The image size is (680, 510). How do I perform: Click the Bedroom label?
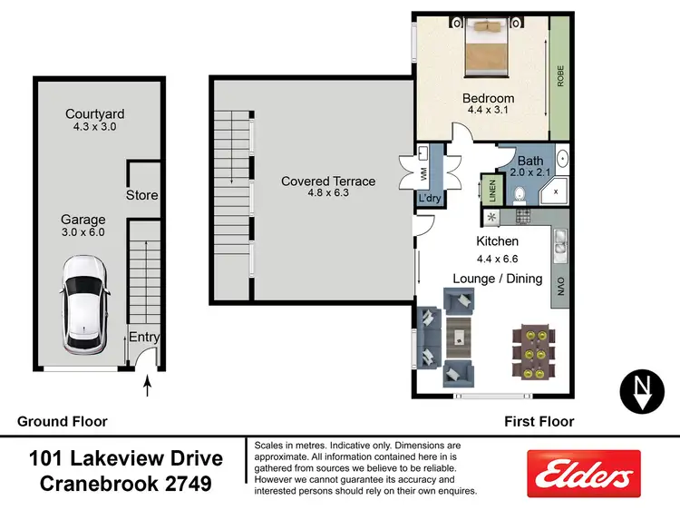click(x=488, y=98)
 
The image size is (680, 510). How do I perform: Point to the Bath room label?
click(x=529, y=161)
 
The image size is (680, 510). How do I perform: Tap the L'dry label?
click(x=427, y=195)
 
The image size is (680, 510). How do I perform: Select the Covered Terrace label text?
click(x=327, y=181)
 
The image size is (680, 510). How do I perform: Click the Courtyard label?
click(x=94, y=114)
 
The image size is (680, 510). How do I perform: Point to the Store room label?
click(x=141, y=195)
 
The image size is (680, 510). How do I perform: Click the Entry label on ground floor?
click(x=143, y=338)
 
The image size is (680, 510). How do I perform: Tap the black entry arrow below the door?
click(x=148, y=388)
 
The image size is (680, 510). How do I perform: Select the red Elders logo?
click(x=584, y=473)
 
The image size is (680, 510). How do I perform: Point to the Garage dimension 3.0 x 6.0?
click(x=83, y=232)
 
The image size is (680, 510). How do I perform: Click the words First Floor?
click(x=539, y=421)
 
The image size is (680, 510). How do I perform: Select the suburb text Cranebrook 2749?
click(x=126, y=484)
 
